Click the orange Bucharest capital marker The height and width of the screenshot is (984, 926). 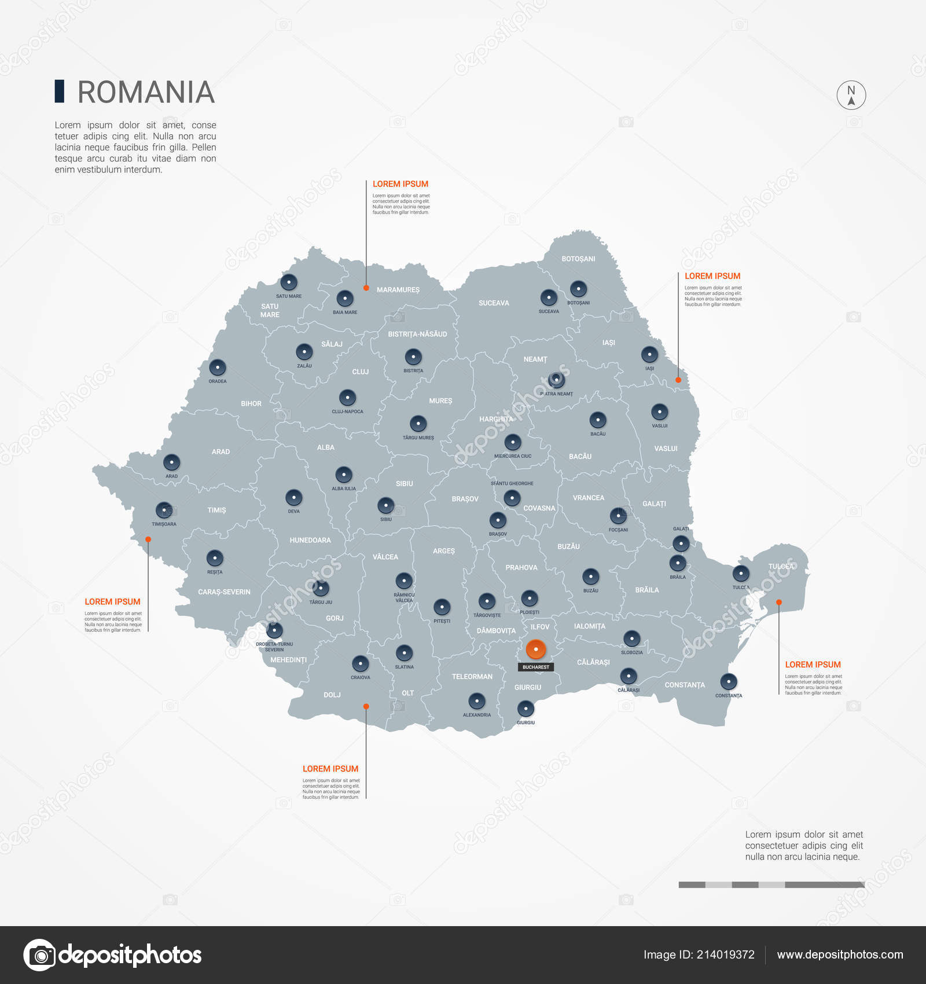pyautogui.click(x=536, y=649)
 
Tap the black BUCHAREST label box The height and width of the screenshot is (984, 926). pyautogui.click(x=536, y=667)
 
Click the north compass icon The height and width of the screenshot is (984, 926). pyautogui.click(x=851, y=96)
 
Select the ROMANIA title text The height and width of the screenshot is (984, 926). pyautogui.click(x=146, y=93)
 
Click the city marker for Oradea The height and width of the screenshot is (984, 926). pyautogui.click(x=218, y=368)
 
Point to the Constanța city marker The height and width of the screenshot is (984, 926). pyautogui.click(x=728, y=681)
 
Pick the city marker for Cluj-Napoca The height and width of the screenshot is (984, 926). pyautogui.click(x=347, y=398)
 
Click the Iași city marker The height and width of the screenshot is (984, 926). pyautogui.click(x=649, y=354)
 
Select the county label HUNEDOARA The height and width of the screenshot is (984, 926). pyautogui.click(x=310, y=540)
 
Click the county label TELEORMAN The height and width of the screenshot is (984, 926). pyautogui.click(x=472, y=677)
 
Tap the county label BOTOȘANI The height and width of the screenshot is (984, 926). pyautogui.click(x=578, y=259)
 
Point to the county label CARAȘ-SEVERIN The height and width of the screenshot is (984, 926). pyautogui.click(x=224, y=592)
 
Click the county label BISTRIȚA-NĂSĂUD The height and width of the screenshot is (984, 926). pyautogui.click(x=417, y=334)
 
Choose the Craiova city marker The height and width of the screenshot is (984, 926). pyautogui.click(x=360, y=663)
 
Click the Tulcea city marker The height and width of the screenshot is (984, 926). pyautogui.click(x=741, y=574)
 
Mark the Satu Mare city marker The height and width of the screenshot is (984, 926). pyautogui.click(x=289, y=282)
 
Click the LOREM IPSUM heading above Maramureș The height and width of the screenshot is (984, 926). pyautogui.click(x=400, y=184)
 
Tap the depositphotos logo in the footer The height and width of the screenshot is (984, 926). pyautogui.click(x=113, y=955)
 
